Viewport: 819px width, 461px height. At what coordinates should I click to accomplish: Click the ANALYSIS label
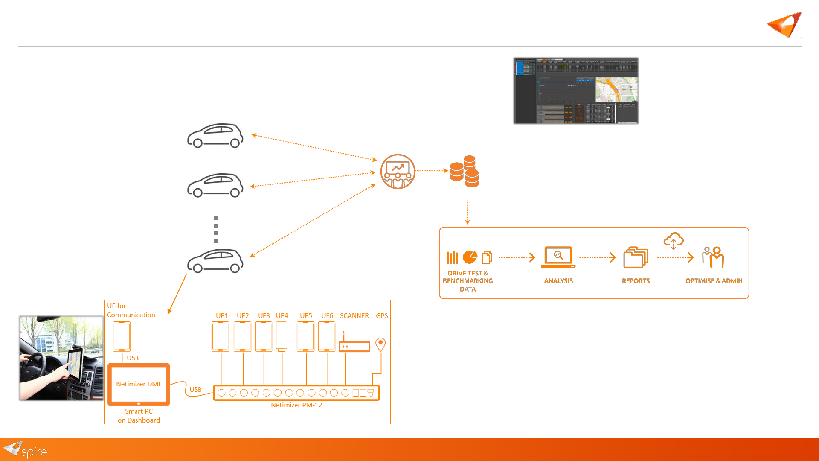(558, 281)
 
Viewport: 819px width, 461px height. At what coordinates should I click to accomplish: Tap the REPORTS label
(636, 281)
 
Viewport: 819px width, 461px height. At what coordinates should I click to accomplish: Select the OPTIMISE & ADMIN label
(714, 281)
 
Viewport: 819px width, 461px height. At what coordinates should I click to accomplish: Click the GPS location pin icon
(380, 344)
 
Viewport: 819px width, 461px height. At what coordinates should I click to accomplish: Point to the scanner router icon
(354, 345)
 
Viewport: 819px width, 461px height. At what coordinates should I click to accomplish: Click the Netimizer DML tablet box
(139, 384)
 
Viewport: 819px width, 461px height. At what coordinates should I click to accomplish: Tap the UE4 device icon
(282, 336)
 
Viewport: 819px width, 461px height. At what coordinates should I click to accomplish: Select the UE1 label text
(222, 316)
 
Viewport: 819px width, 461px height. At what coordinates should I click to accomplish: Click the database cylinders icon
(465, 172)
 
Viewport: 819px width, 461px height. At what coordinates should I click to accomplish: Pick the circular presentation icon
(398, 172)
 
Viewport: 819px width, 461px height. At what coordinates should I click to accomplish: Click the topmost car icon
(215, 136)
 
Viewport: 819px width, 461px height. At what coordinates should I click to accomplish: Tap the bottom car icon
(215, 260)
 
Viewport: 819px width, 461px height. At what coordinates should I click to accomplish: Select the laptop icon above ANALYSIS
(558, 257)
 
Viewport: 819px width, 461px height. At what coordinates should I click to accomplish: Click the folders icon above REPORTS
(636, 257)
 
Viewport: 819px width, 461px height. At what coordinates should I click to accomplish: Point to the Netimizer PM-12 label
(296, 405)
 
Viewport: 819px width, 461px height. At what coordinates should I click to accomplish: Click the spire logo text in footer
(34, 452)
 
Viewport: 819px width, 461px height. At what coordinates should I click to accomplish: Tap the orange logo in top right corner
(784, 25)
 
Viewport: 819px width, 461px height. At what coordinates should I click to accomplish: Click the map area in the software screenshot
(616, 90)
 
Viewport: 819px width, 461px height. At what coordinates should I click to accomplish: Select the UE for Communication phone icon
(122, 336)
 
